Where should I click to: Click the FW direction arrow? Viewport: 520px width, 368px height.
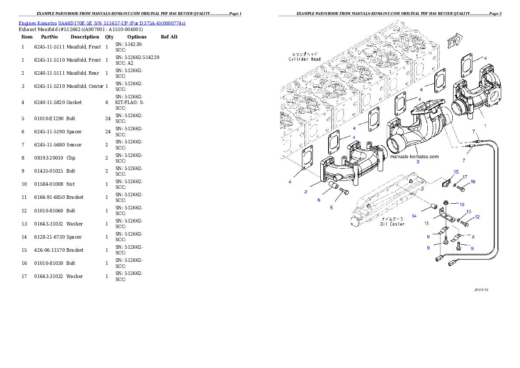pos(454,42)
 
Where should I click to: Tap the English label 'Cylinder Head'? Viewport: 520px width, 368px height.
pos(305,59)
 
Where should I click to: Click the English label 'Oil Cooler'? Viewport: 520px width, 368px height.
pos(392,224)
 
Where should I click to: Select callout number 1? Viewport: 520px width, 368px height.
pos(485,125)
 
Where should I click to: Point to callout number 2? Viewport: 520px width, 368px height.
pos(306,191)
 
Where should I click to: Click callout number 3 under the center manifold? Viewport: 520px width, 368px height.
pos(417,162)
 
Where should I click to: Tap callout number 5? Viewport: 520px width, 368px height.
pos(331,208)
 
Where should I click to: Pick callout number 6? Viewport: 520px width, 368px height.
pos(319,200)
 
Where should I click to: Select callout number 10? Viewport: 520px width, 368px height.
pos(461,204)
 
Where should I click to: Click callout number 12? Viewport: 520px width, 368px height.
pos(477,217)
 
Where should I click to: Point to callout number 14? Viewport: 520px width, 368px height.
pos(414,215)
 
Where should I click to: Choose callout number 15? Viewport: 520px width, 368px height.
pos(456,172)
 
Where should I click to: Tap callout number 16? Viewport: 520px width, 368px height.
pos(473,181)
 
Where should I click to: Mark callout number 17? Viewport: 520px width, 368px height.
pos(465,177)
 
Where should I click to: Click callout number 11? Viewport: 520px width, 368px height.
pos(426,223)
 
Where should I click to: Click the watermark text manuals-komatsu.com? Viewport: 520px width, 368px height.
pos(414,156)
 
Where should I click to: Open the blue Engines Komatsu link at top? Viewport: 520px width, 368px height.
pos(102,23)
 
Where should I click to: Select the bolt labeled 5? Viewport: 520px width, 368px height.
pos(343,203)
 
